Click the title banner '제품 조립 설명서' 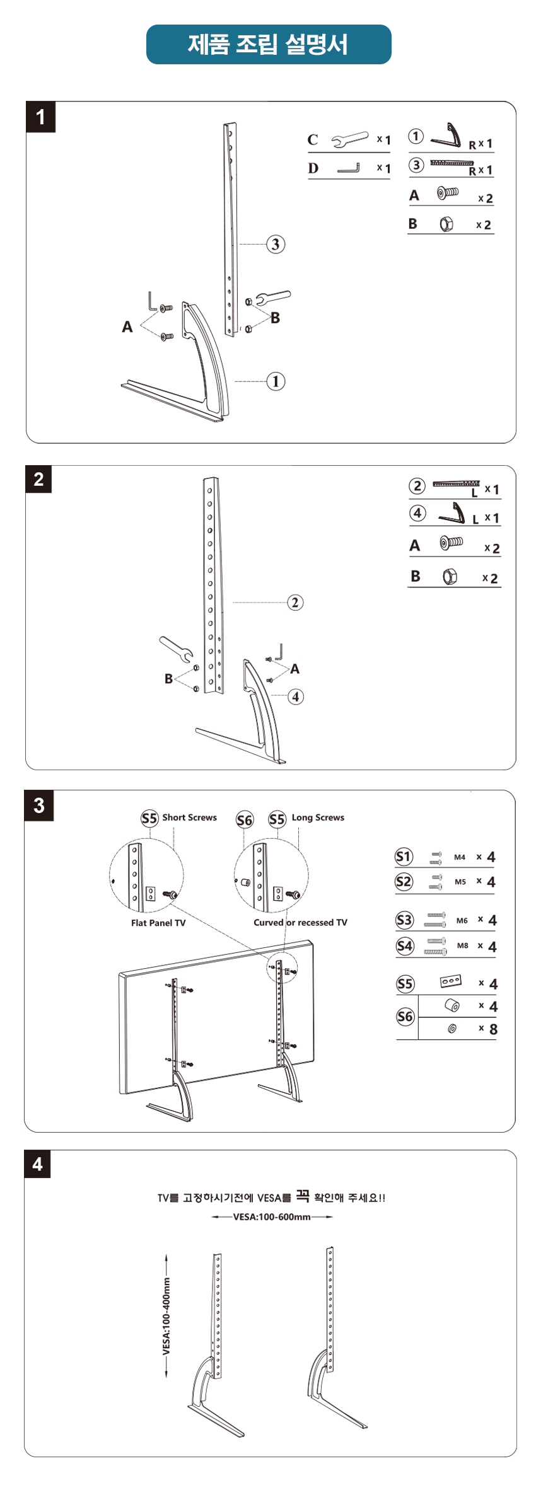pyautogui.click(x=268, y=44)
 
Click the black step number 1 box pyautogui.click(x=40, y=117)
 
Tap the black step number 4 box pyautogui.click(x=38, y=1164)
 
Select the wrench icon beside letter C pyautogui.click(x=350, y=139)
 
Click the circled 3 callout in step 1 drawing pyautogui.click(x=275, y=244)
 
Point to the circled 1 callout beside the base pyautogui.click(x=276, y=381)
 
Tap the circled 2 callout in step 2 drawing pyautogui.click(x=295, y=603)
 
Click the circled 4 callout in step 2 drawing pyautogui.click(x=295, y=696)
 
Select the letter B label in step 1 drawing pyautogui.click(x=275, y=318)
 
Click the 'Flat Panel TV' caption pyautogui.click(x=158, y=923)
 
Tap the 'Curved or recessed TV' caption pyautogui.click(x=300, y=922)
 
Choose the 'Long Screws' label pyautogui.click(x=318, y=817)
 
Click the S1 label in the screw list pyautogui.click(x=404, y=857)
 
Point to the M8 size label pyautogui.click(x=463, y=945)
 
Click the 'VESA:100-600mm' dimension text pyautogui.click(x=272, y=1216)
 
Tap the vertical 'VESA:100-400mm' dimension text pyautogui.click(x=166, y=1315)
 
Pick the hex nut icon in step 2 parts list pyautogui.click(x=449, y=577)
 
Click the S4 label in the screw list pyautogui.click(x=404, y=946)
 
